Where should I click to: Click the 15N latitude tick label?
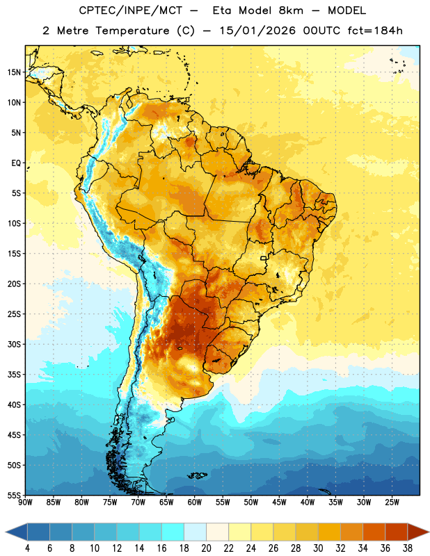14,72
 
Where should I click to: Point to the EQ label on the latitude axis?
16,163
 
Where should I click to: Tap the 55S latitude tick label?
14,495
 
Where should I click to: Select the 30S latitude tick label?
14,344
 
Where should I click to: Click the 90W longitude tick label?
25,502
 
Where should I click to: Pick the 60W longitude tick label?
195,502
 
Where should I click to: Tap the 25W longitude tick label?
392,502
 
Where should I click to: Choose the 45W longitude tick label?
279,502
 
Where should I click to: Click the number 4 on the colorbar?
27,548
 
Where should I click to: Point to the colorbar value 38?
407,548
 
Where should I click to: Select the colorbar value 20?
206,548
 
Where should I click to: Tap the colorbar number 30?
318,548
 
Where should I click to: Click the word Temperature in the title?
132,31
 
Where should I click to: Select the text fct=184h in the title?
375,31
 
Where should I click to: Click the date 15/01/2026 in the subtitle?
257,31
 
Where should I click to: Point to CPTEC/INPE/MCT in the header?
130,10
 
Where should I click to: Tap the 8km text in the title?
291,10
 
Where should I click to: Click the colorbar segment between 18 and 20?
195,532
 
